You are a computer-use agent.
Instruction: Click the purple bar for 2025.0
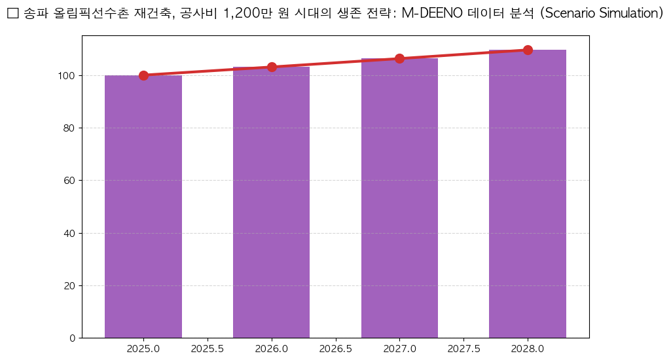[x=143, y=206]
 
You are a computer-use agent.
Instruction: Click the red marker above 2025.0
[x=143, y=75]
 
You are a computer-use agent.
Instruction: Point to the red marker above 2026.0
[x=272, y=67]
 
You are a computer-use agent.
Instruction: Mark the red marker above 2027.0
[x=399, y=58]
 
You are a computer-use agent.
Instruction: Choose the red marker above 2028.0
[x=528, y=50]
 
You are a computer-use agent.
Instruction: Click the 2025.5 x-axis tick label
[x=208, y=349]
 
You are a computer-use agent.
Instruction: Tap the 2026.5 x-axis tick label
[x=336, y=349]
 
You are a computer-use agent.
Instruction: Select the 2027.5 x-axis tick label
[x=463, y=349]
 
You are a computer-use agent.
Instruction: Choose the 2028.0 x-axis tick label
[x=528, y=349]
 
